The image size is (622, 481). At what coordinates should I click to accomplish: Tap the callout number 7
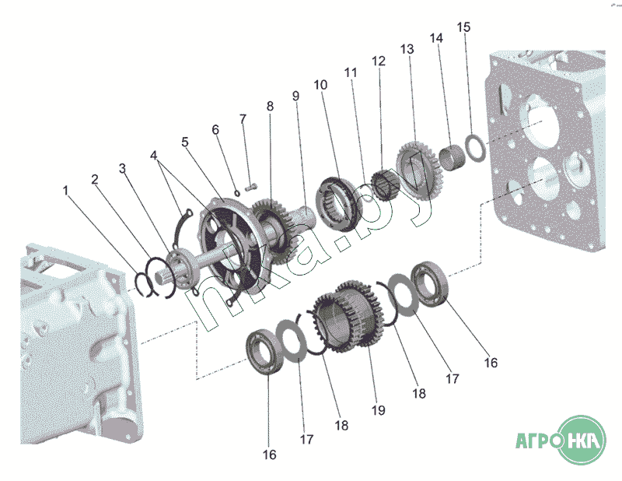pos(242,119)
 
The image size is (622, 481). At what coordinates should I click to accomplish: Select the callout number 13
pos(407,48)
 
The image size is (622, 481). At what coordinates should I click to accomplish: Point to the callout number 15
pos(463,27)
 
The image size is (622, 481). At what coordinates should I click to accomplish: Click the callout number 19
pos(379,410)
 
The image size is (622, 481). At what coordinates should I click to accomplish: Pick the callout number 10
pos(321,83)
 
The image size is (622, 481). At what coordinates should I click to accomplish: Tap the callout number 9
pos(295,96)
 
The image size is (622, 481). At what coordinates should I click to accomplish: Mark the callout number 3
pos(122,168)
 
